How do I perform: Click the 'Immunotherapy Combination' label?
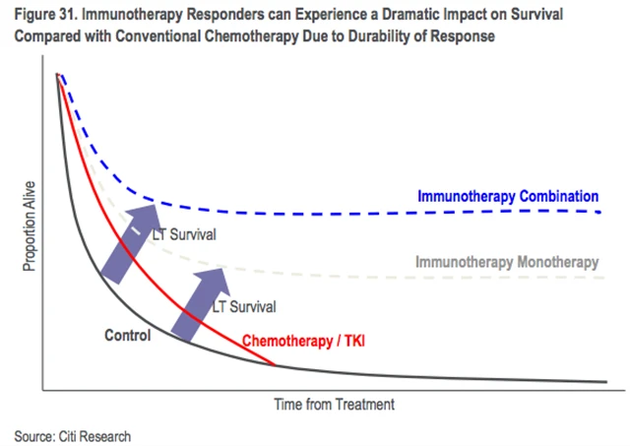pos(509,196)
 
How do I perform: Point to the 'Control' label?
pos(127,336)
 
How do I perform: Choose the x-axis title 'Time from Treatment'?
pos(335,404)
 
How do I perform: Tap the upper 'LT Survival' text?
pos(185,235)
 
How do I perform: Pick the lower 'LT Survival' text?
pos(244,305)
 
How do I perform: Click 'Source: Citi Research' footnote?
pos(72,435)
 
